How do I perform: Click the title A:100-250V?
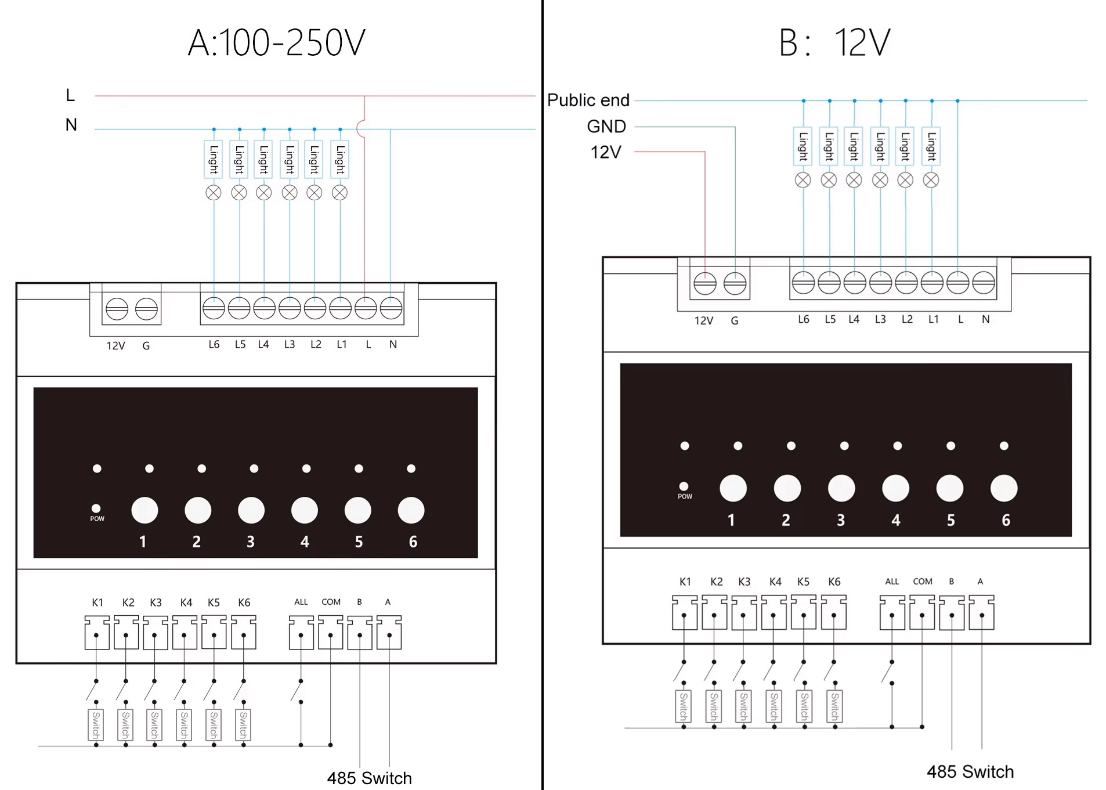coord(277,43)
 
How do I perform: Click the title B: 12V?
coord(834,43)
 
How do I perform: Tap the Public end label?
coord(588,100)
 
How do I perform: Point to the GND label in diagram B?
coord(606,127)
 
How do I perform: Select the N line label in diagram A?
coord(71,125)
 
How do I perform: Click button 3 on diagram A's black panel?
coord(251,511)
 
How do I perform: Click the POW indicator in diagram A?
coord(96,509)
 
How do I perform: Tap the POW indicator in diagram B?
coord(684,487)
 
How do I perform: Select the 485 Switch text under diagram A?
coord(369,778)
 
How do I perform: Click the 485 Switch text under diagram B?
coord(970,771)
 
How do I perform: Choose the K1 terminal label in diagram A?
coord(97,603)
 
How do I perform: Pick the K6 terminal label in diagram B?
coord(834,582)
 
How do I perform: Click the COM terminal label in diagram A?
coord(331,602)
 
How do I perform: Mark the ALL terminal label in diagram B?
coord(892,582)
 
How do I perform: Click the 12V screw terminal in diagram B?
coord(705,284)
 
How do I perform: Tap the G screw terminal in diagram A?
coord(146,309)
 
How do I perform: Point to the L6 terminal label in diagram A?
coord(214,345)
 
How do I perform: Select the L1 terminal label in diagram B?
coord(933,319)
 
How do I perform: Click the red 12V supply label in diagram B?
coord(606,152)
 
